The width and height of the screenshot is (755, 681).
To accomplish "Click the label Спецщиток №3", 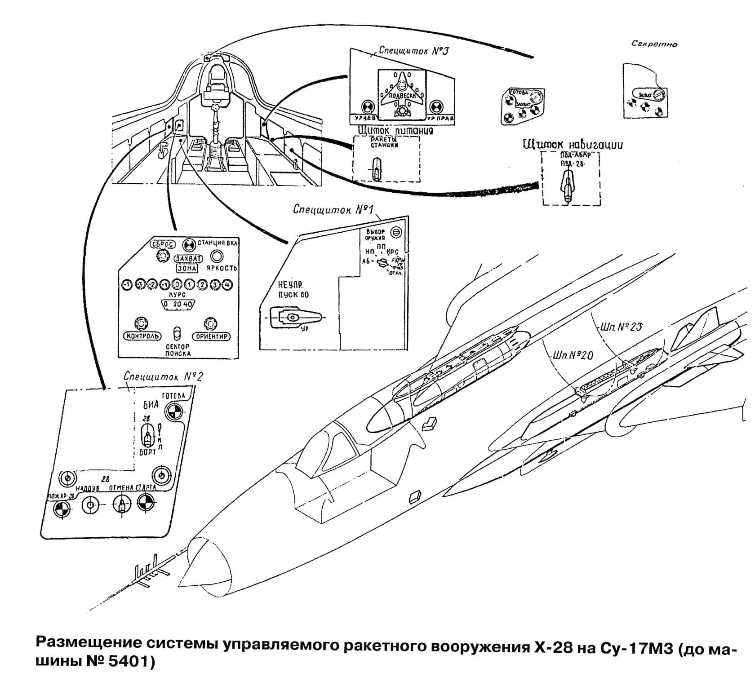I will (413, 50).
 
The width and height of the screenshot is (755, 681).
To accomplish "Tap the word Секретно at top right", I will (654, 44).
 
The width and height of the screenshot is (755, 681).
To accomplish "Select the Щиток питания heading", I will (395, 130).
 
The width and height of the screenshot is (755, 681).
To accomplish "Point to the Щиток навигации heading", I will (573, 145).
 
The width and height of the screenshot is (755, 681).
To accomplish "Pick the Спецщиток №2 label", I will (163, 376).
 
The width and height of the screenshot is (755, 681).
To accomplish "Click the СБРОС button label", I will (162, 244).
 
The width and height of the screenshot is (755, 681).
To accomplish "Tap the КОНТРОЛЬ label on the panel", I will (142, 336).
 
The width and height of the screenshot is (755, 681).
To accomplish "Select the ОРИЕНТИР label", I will (211, 336).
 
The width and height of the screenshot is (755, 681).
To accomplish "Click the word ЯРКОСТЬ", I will (222, 268).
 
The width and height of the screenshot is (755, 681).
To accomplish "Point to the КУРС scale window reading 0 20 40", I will (178, 305).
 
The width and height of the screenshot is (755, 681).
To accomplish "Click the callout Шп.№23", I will (621, 327).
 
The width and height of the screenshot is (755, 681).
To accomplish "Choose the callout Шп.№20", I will (573, 355).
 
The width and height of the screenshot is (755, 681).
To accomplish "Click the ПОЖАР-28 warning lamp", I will (62, 509).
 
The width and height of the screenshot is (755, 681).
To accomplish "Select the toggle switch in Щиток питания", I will (376, 168).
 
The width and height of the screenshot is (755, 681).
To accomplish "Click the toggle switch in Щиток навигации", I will (568, 186).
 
